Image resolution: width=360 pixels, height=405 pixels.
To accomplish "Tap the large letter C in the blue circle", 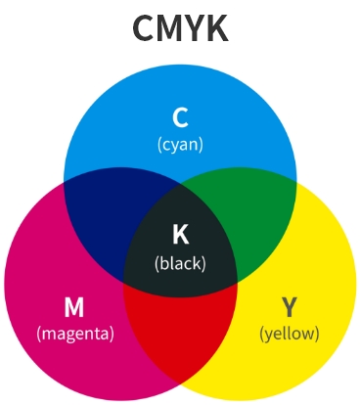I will tap(180, 118).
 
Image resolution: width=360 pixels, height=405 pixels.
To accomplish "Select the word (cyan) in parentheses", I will tap(180, 144).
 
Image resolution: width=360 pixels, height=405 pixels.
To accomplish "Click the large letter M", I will tap(74, 307).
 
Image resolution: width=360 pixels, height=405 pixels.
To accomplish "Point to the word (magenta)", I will tap(75, 333).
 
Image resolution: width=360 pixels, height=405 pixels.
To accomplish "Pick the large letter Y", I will tap(289, 307).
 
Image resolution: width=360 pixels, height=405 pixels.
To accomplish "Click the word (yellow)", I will tap(289, 333).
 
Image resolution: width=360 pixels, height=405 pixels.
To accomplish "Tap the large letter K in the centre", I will tap(180, 234).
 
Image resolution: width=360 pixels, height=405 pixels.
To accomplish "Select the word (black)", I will tap(180, 261).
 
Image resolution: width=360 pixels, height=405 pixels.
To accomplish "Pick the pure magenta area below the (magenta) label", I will tap(75, 367).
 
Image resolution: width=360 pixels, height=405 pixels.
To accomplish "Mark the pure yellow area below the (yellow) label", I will tap(289, 367).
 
